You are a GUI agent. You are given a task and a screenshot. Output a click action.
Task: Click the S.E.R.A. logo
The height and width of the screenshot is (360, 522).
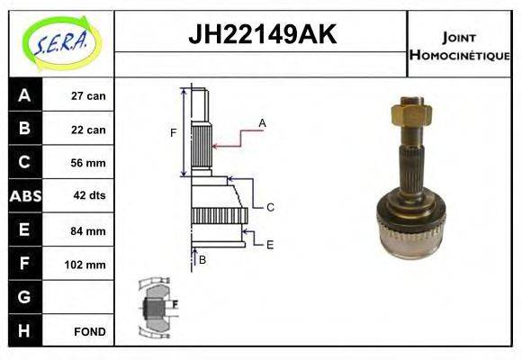point(58,41)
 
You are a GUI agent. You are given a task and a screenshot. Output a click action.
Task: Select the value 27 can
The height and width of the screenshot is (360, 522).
point(87,96)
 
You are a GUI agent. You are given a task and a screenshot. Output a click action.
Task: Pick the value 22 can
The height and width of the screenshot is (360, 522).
point(87,130)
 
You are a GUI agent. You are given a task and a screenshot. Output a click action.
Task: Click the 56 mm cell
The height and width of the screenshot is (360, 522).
point(87,164)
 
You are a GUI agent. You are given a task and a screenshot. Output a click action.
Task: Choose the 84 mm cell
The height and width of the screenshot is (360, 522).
point(87,231)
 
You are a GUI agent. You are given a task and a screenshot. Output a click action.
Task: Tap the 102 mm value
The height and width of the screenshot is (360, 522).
point(87,265)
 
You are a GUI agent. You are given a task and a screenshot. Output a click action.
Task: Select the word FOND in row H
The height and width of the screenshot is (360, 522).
point(89,332)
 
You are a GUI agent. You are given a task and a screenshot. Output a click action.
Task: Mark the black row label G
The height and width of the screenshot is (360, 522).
point(24,298)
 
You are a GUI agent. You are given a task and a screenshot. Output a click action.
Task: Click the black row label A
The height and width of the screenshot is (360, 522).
point(24,95)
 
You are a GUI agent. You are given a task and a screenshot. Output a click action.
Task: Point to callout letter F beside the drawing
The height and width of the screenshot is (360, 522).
point(174,134)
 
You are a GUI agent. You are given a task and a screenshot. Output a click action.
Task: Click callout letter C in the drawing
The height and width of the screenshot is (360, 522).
point(269,207)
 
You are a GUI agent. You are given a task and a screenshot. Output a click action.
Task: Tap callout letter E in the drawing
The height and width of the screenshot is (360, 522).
point(269,244)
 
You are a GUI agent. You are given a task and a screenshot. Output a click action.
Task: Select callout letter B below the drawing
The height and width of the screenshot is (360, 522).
point(202,260)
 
